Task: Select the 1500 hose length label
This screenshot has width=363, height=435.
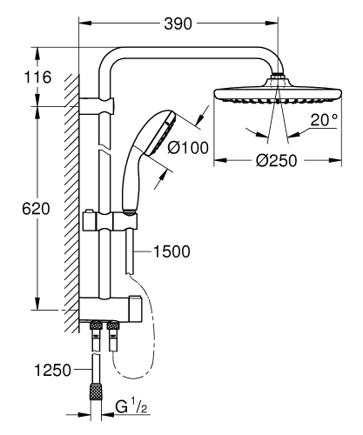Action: pyautogui.click(x=171, y=251)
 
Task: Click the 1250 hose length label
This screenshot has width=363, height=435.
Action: pyautogui.click(x=50, y=371)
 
